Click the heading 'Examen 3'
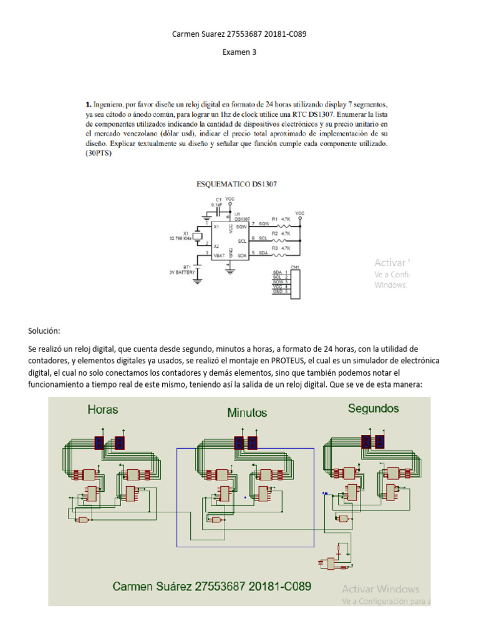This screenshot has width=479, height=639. [239, 52]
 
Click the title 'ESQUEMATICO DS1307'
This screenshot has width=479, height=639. [237, 184]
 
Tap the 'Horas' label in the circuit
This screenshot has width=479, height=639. [103, 410]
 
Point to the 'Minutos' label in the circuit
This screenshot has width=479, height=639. [246, 412]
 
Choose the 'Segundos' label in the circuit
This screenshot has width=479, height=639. [374, 409]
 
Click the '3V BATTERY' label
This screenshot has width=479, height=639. [182, 273]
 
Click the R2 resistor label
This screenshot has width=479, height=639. [274, 233]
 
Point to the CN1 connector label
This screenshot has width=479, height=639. [294, 267]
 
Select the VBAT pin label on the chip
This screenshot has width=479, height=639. [218, 256]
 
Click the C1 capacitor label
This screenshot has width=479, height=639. [218, 200]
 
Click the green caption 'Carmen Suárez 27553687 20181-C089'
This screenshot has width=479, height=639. [212, 586]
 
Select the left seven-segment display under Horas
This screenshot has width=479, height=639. [99, 442]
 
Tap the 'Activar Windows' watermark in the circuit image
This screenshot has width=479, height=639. [380, 588]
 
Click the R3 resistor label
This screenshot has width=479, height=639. [274, 247]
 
